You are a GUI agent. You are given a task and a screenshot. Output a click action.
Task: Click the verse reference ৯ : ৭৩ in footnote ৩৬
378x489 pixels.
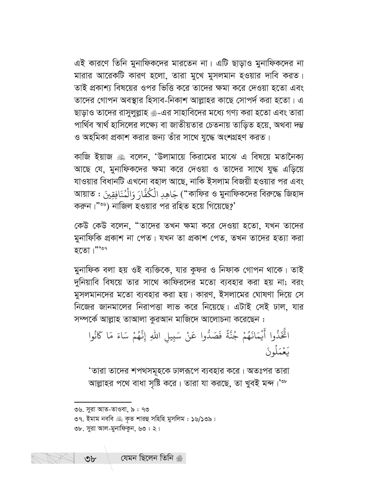139,410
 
